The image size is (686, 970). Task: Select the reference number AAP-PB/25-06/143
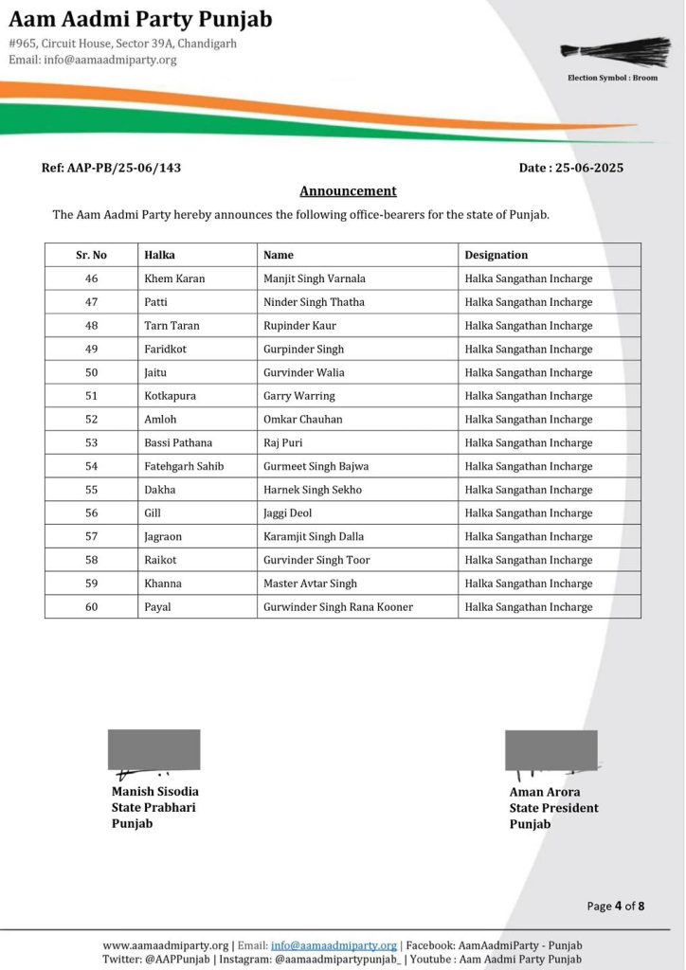point(111,168)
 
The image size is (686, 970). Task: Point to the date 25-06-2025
point(571,168)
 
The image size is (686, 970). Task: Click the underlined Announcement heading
point(348,190)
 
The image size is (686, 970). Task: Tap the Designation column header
point(496,255)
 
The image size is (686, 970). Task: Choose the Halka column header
point(159,255)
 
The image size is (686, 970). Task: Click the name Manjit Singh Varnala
point(314,278)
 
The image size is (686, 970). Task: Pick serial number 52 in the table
point(91,420)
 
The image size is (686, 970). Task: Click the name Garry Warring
point(298,396)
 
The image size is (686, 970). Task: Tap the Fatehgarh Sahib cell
point(184,466)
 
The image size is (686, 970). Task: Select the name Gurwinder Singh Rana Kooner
point(337,607)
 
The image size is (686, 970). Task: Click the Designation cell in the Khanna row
point(528,584)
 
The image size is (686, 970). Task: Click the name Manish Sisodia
point(155,792)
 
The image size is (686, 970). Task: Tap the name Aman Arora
point(545,792)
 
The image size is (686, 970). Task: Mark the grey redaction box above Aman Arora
point(551,748)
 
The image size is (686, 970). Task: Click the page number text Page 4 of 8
point(615,906)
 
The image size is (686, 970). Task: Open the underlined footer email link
point(334,945)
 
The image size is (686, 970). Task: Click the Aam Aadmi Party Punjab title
point(140,20)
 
